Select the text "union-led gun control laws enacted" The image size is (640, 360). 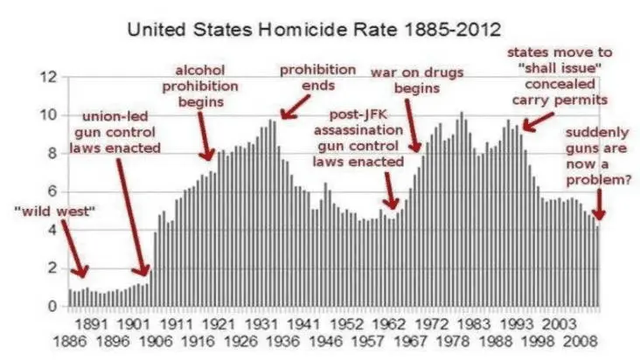(x=122, y=132)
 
